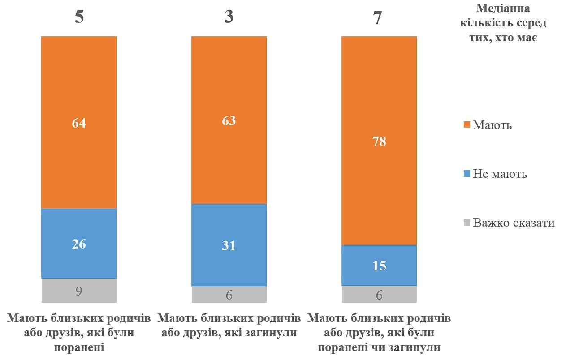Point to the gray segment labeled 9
click(79, 291)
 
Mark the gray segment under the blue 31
click(229, 295)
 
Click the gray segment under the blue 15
click(379, 295)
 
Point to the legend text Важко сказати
click(514, 223)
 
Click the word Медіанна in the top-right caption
click(509, 8)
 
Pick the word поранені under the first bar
click(79, 347)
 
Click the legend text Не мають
click(500, 174)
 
